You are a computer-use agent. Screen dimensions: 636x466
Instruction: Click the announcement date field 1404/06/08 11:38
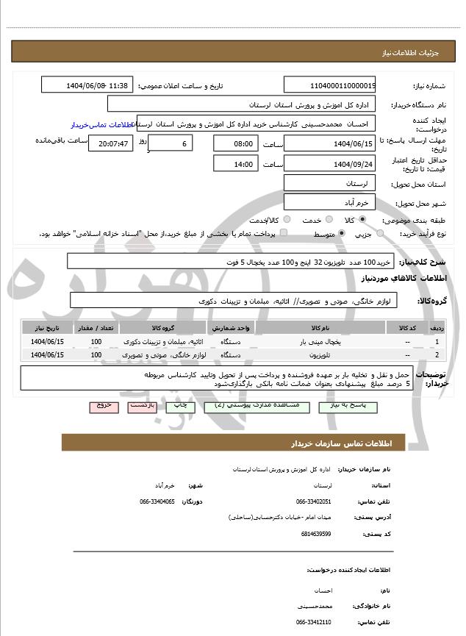click(87, 85)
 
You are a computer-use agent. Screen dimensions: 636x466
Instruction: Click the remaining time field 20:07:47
click(111, 143)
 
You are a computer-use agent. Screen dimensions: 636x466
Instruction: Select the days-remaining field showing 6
click(171, 143)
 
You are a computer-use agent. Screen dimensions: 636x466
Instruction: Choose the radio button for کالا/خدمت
click(286, 220)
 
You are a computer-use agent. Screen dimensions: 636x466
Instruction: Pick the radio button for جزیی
click(380, 234)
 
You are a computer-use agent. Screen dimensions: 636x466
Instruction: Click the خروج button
click(102, 405)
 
